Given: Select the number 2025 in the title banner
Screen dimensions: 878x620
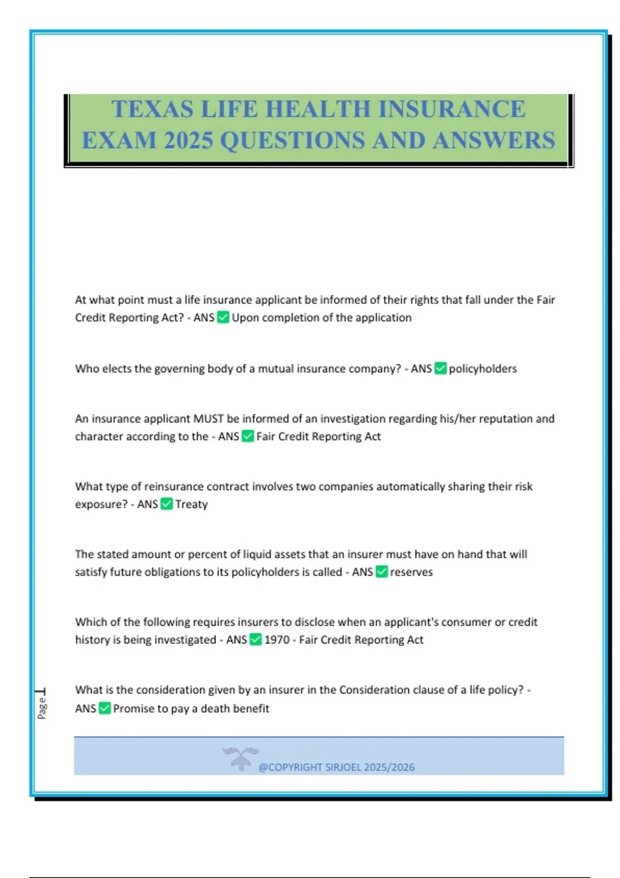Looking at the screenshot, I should click(x=189, y=140).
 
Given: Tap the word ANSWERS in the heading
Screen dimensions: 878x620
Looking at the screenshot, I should click(x=494, y=140).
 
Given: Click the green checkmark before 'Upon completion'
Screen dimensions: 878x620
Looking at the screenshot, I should click(x=223, y=317).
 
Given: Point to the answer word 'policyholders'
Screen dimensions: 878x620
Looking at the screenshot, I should click(x=483, y=369).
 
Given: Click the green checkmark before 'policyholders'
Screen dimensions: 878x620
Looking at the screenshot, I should click(x=440, y=368).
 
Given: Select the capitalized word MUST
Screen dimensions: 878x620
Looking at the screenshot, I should click(x=208, y=419).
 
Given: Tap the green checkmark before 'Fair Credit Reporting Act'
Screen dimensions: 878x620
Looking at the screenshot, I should click(x=248, y=436).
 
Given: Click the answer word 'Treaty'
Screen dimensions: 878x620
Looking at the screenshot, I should click(x=191, y=505).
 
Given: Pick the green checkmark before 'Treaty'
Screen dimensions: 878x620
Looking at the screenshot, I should click(x=166, y=504).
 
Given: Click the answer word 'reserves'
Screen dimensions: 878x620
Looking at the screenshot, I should click(x=411, y=572).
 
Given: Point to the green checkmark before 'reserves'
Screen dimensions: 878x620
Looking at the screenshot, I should click(x=381, y=572).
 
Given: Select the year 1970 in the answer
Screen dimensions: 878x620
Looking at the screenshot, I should click(x=277, y=640).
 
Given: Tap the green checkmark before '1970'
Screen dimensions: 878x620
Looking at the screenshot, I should click(x=256, y=639).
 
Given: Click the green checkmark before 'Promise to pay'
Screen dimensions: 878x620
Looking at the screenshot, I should click(x=104, y=708).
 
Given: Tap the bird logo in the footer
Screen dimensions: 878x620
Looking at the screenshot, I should click(x=240, y=758).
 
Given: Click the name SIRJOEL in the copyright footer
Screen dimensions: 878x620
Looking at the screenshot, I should click(x=343, y=767).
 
